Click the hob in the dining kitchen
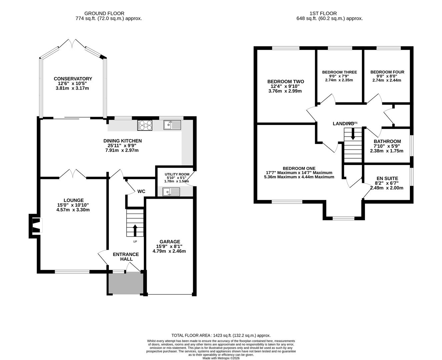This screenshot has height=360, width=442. tap(145, 125)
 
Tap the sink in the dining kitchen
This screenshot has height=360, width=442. tap(172, 125)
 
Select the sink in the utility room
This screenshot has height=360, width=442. tap(171, 192)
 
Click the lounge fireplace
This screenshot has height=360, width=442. tap(36, 226)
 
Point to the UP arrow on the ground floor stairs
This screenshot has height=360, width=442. tap(135, 230)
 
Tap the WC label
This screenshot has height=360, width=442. tap(141, 191)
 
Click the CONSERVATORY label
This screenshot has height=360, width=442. tap(73, 79)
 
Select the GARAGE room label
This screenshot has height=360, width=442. tap(170, 242)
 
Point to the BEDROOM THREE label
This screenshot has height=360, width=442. tap(340, 72)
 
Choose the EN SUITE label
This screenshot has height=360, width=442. tap(387, 178)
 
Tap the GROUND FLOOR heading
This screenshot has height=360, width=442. tap(104, 13)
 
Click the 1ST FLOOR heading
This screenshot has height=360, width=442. tap(323, 13)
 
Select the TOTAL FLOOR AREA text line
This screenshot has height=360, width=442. tap(221, 335)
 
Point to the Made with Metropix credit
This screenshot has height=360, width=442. tap(221, 358)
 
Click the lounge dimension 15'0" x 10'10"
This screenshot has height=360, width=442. tap(73, 205)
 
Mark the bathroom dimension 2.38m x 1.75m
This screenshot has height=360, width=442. tap(387, 151)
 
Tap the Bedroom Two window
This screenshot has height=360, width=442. tap(286, 48)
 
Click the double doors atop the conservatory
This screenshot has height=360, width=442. tap(72, 44)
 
